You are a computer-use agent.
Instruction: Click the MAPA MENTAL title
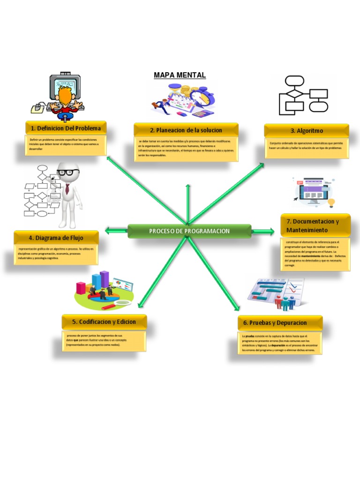tap(180, 75)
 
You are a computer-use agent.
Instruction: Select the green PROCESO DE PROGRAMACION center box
tap(189, 231)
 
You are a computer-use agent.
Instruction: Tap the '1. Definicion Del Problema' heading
tap(66, 128)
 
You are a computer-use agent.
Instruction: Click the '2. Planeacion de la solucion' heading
tap(186, 130)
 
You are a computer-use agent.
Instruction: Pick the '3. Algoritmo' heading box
tap(307, 131)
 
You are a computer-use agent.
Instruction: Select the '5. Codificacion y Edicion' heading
tap(104, 322)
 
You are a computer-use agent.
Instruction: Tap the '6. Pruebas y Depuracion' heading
tap(280, 323)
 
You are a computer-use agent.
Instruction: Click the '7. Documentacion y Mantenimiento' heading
tap(315, 225)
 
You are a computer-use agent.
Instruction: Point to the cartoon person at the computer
tap(65, 96)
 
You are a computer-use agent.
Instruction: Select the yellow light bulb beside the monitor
tap(331, 202)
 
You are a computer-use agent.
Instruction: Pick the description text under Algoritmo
tap(307, 145)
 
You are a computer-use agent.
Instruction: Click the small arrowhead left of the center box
tap(109, 230)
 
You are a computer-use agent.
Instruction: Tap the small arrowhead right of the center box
tap(271, 231)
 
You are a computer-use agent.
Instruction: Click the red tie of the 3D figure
tap(67, 189)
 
